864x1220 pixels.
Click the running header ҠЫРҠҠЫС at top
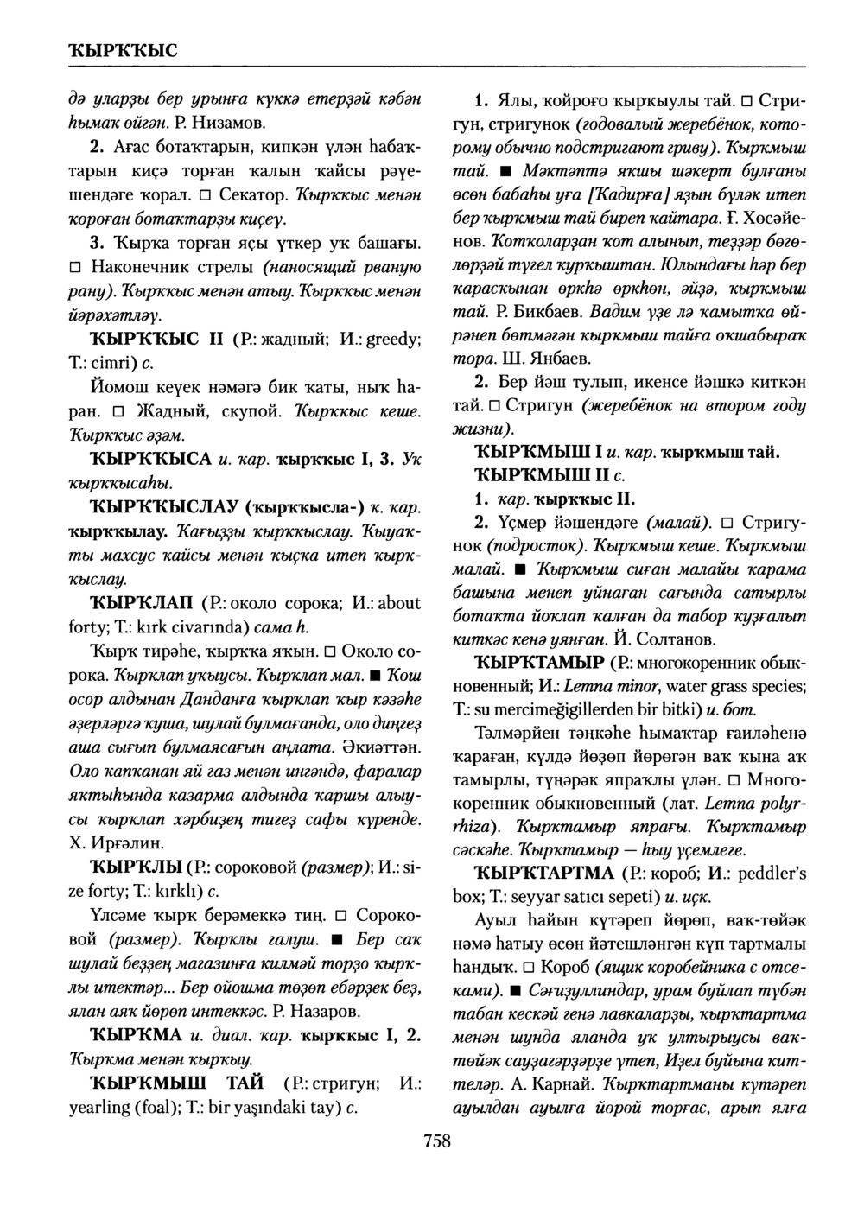(x=122, y=48)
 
